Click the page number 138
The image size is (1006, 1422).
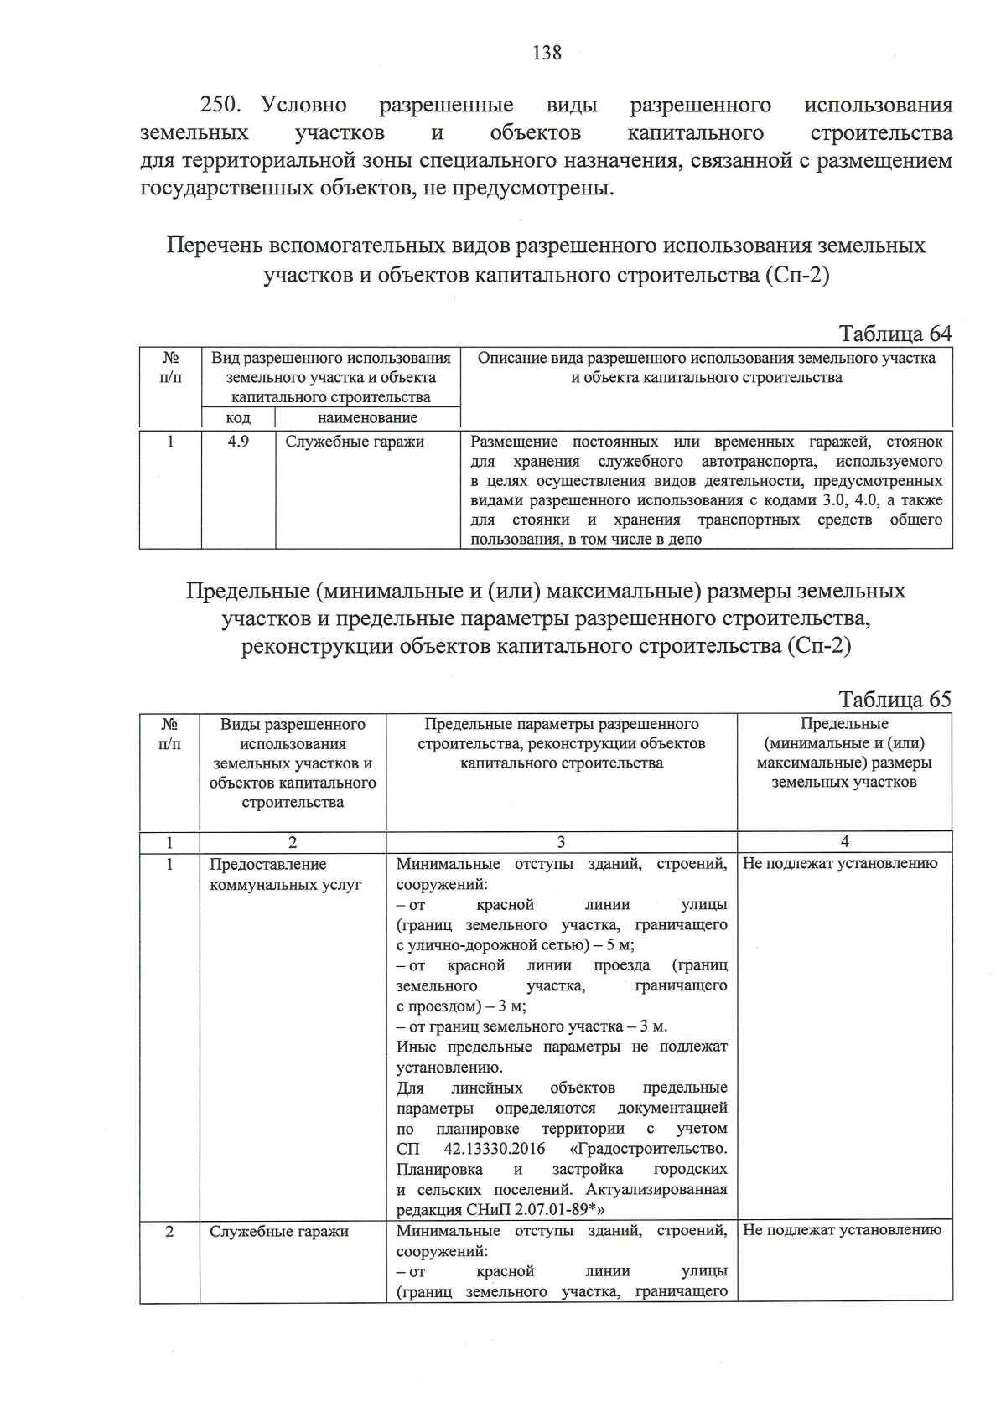[547, 53]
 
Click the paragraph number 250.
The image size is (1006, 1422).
[221, 106]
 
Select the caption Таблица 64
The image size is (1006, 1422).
[895, 334]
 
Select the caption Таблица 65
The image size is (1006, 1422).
[895, 700]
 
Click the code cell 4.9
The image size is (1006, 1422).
[238, 442]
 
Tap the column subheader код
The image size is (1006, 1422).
[238, 417]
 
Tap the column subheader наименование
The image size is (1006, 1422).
[367, 417]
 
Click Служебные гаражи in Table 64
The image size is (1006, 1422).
[355, 442]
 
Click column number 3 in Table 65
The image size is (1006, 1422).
[561, 842]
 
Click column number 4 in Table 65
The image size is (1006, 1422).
[844, 842]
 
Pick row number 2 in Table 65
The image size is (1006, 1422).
[170, 1231]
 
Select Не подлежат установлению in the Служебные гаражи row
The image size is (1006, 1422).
[842, 1230]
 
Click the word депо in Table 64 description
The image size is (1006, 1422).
[685, 540]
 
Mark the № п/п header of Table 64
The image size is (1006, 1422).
[170, 368]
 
